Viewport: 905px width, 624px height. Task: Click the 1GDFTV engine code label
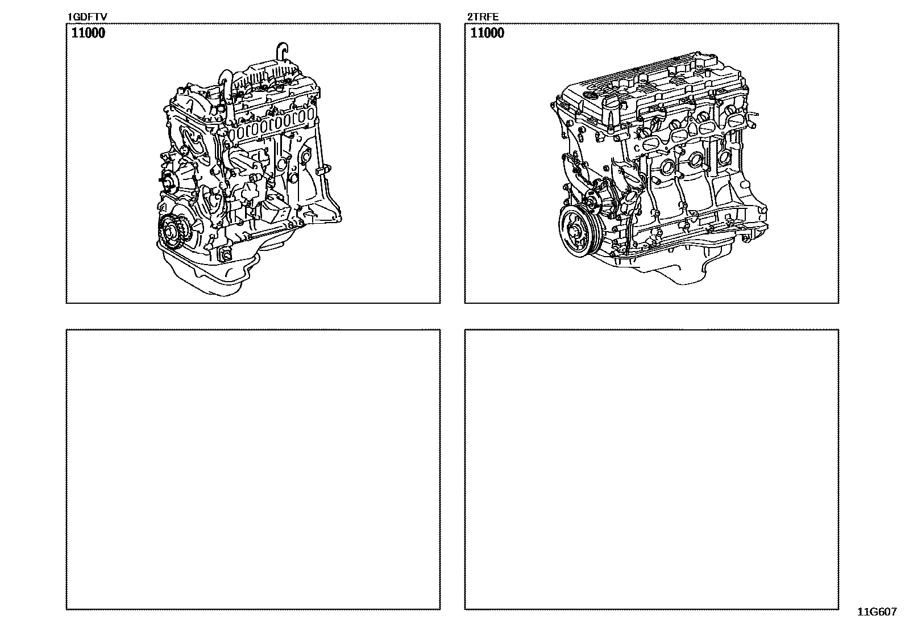tap(87, 18)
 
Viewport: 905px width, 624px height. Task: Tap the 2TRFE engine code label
tap(483, 18)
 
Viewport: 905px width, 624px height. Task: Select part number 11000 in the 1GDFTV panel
tap(88, 33)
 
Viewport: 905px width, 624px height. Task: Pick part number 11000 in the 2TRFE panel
tap(487, 33)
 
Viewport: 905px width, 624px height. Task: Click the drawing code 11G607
tap(877, 612)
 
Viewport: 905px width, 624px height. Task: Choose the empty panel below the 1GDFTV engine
tap(253, 469)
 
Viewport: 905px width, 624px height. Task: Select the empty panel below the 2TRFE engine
tap(651, 469)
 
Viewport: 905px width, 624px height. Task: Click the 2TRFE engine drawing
tap(654, 170)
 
